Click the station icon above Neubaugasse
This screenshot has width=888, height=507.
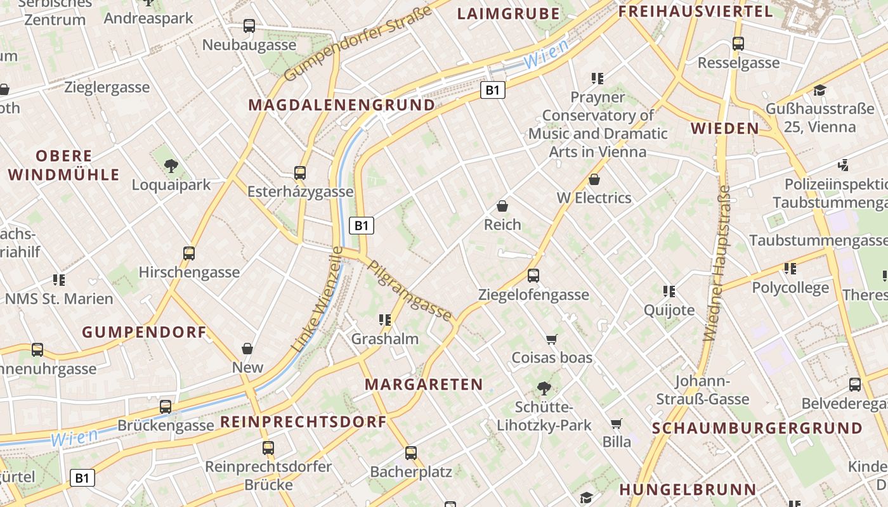tap(249, 26)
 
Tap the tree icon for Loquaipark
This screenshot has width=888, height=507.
tap(171, 166)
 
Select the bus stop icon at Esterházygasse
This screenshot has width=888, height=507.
tap(300, 172)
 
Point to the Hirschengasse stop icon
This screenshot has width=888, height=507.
tap(189, 253)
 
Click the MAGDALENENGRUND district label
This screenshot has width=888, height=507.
tap(342, 105)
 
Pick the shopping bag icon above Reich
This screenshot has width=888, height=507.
tap(502, 206)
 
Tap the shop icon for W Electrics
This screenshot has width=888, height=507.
tap(594, 179)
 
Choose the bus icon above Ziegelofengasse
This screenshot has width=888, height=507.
tap(533, 276)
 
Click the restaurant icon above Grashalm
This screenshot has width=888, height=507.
tap(384, 320)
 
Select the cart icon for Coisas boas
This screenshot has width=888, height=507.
tap(552, 339)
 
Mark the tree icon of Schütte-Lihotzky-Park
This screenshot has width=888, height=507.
tap(544, 388)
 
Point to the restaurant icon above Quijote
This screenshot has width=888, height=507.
tap(669, 292)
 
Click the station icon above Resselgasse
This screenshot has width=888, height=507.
tap(738, 44)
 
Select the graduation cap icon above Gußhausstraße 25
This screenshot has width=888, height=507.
tap(819, 90)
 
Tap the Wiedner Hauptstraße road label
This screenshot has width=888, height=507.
tap(717, 263)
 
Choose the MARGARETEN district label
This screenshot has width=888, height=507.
tap(424, 384)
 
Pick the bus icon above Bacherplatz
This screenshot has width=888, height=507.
tap(411, 452)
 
